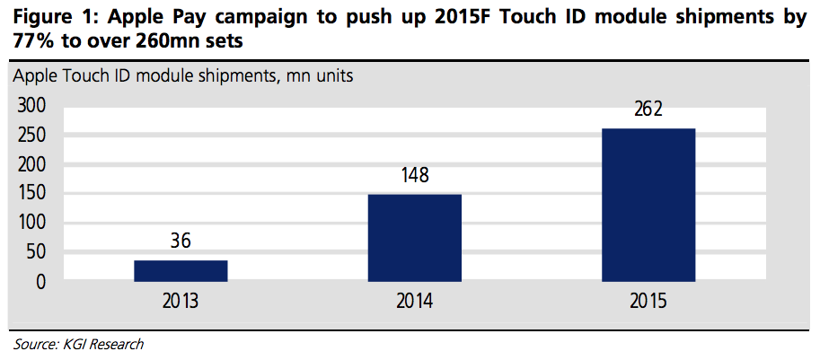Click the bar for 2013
tap(181, 270)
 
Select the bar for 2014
tap(414, 237)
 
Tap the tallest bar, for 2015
tap(648, 205)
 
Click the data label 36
tap(181, 241)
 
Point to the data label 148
tap(414, 176)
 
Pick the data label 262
tap(648, 110)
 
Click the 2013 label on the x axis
tap(181, 301)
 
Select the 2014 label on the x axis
tap(414, 301)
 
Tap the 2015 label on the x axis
tap(648, 301)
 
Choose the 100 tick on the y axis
tap(31, 223)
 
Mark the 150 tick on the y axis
tap(31, 193)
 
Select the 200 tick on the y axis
tap(31, 164)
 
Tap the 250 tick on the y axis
tap(31, 135)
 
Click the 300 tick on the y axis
tap(31, 105)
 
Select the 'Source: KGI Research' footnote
tap(78, 344)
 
